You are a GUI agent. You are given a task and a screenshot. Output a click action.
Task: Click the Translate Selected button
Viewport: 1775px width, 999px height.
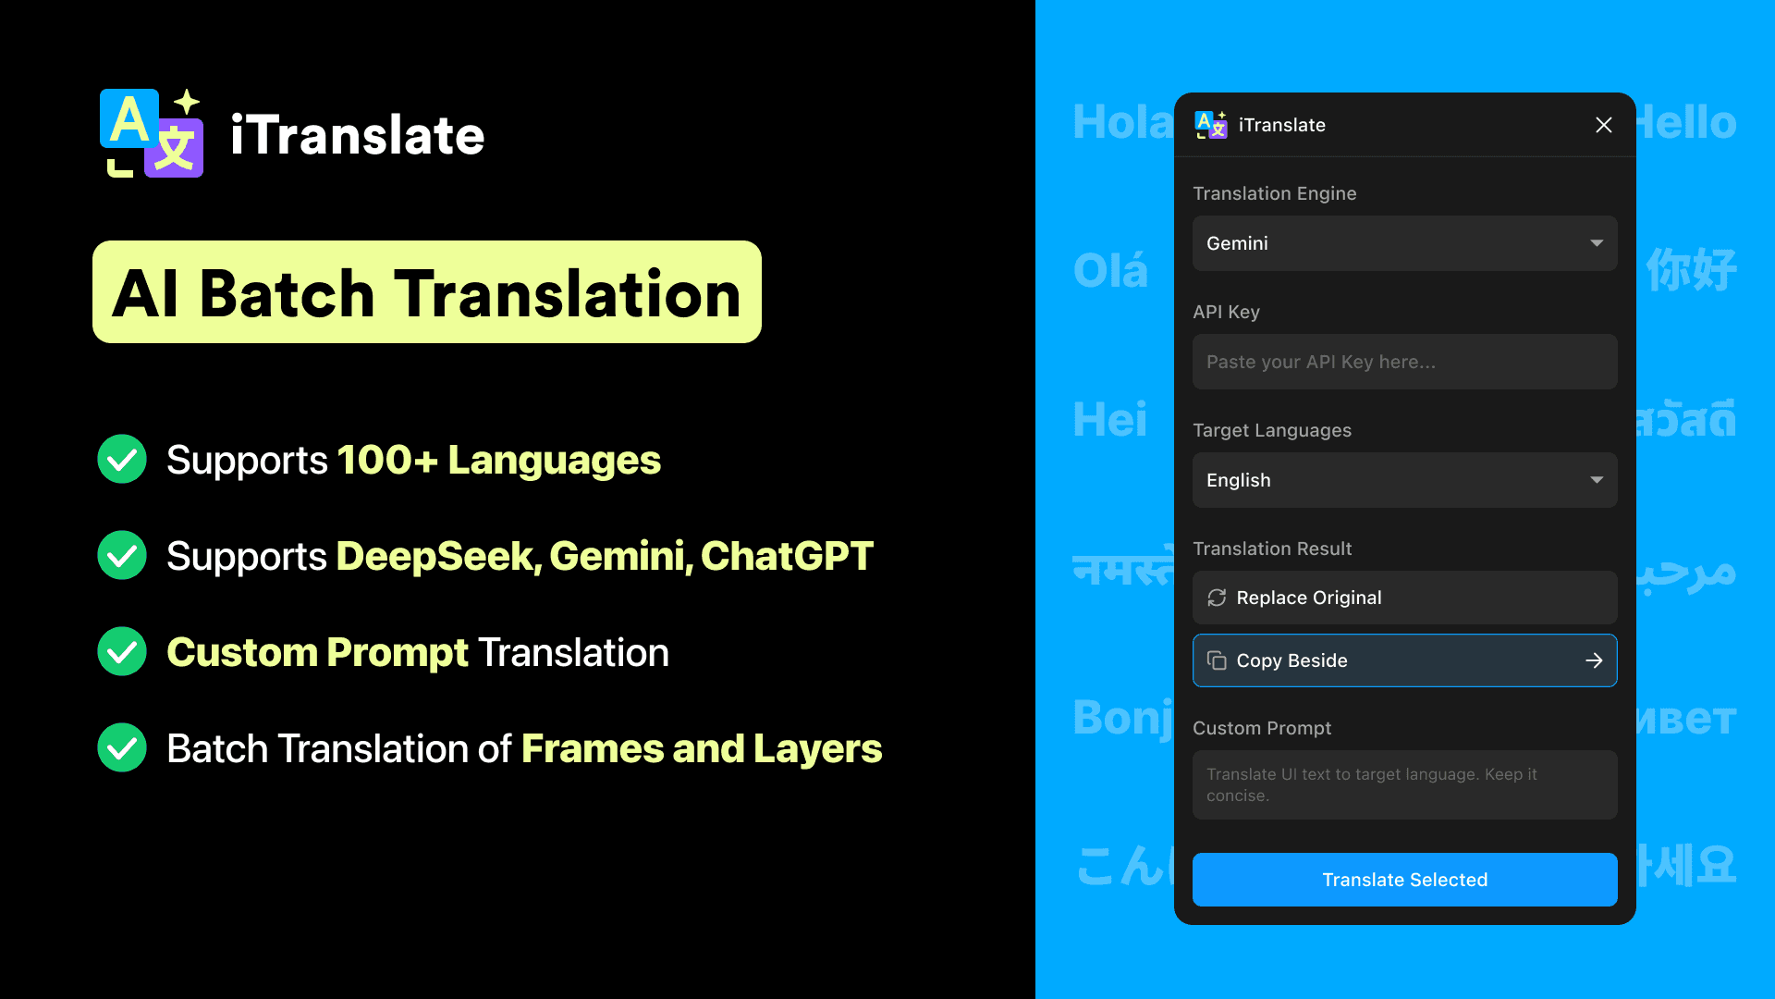click(x=1404, y=880)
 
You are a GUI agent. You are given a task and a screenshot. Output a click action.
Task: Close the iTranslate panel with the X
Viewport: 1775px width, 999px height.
click(x=1604, y=125)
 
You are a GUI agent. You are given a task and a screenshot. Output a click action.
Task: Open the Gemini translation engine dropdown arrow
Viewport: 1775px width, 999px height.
click(x=1597, y=243)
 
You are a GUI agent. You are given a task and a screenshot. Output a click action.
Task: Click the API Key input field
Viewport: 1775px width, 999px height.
click(x=1404, y=362)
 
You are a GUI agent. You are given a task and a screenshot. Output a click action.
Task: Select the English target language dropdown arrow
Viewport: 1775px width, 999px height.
click(x=1597, y=480)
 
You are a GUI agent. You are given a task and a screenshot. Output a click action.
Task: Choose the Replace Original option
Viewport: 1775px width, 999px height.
click(x=1404, y=598)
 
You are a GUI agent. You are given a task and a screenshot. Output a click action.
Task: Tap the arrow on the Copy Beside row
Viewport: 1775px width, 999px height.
click(x=1594, y=660)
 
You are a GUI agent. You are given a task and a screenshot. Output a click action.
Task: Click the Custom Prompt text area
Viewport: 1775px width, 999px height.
click(x=1404, y=784)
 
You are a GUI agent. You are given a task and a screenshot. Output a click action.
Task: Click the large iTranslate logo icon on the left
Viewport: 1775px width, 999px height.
click(x=152, y=133)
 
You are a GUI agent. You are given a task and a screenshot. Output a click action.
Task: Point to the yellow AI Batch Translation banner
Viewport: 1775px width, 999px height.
click(x=426, y=292)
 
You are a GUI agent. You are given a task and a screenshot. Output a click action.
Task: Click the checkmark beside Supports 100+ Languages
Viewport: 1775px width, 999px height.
click(x=122, y=460)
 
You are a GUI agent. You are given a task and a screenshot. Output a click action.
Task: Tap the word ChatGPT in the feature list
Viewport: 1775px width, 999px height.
click(x=787, y=556)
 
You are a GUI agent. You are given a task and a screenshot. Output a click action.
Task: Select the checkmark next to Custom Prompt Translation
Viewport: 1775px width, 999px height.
click(x=122, y=652)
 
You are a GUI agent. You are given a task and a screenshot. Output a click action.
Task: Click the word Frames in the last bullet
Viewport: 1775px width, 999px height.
click(x=592, y=748)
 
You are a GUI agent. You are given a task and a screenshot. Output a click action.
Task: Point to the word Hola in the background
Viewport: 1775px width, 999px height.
click(x=1120, y=122)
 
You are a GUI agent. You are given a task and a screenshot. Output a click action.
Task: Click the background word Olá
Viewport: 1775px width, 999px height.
click(x=1110, y=271)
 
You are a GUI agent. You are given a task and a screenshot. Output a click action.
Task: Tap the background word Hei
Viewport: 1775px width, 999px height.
click(x=1109, y=420)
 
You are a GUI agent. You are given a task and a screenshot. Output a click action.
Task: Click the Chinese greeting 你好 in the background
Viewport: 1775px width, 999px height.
click(x=1691, y=271)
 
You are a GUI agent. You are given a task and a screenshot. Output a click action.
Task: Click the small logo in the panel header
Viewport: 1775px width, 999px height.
click(x=1211, y=125)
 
